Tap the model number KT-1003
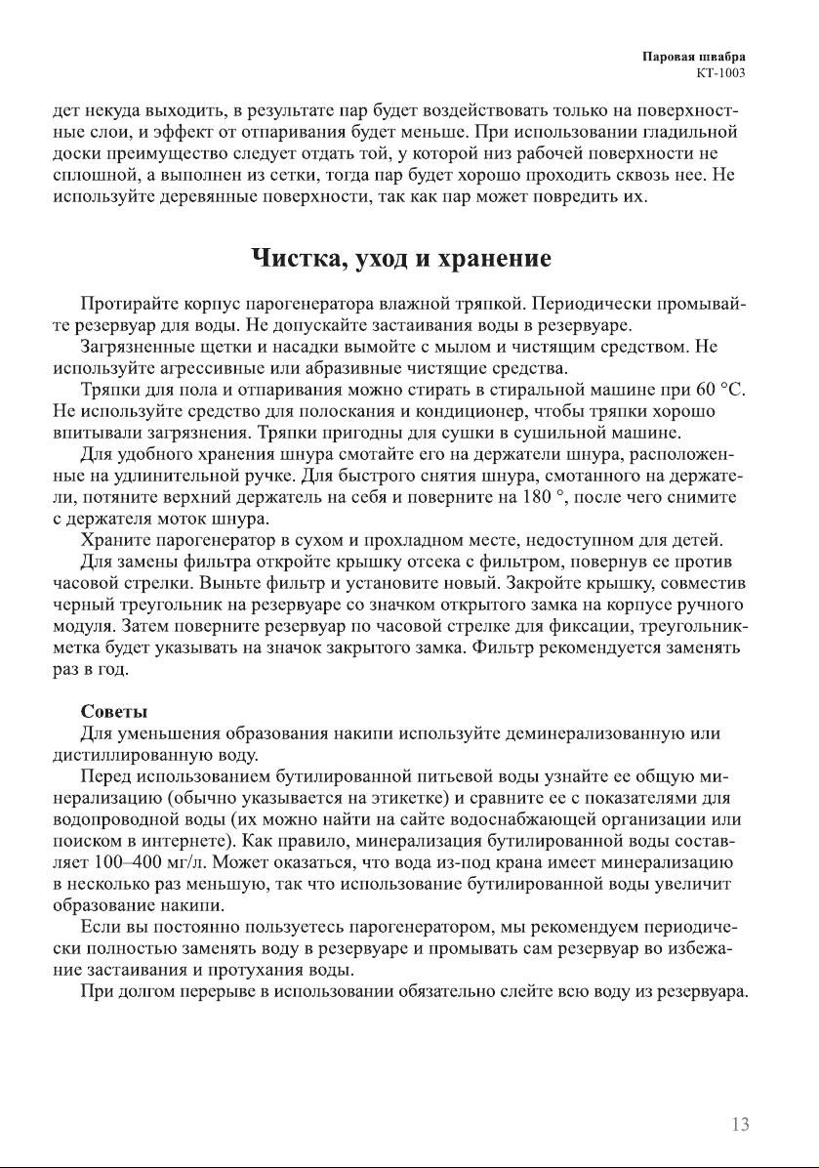[723, 72]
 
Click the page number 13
[740, 1124]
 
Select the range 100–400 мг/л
[157, 861]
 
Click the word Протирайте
[133, 305]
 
